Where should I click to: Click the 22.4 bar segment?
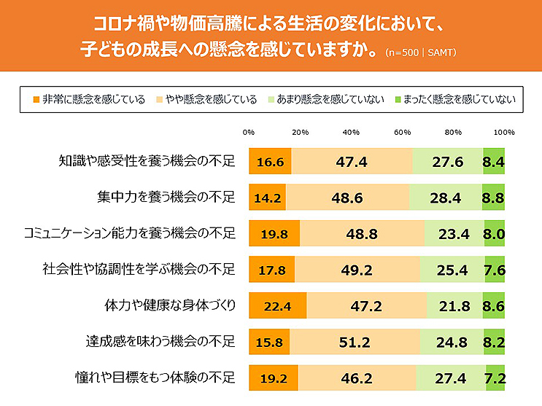coord(277,306)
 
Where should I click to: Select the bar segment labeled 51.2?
coord(355,342)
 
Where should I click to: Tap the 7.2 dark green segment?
coord(495,378)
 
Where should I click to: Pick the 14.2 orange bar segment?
coord(267,197)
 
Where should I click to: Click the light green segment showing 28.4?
coord(446,197)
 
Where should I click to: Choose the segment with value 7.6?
coord(494,270)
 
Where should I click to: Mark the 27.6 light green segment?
coord(448,161)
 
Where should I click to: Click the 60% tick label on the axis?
coord(402,133)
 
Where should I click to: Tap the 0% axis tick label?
coord(249,133)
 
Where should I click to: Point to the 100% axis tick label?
coord(504,133)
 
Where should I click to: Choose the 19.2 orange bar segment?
coord(274,378)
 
